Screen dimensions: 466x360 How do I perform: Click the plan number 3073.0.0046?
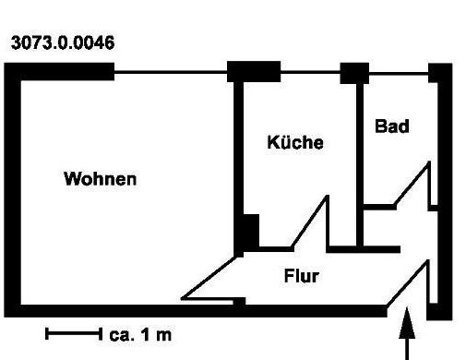pyautogui.click(x=61, y=42)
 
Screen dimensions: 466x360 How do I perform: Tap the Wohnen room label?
pyautogui.click(x=100, y=178)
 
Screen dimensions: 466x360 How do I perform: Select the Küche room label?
pyautogui.click(x=295, y=143)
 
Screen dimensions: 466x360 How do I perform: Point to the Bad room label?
pyautogui.click(x=391, y=126)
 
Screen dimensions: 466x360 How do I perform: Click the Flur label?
pyautogui.click(x=301, y=275)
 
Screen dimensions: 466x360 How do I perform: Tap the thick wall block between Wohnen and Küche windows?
pyautogui.click(x=254, y=71)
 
